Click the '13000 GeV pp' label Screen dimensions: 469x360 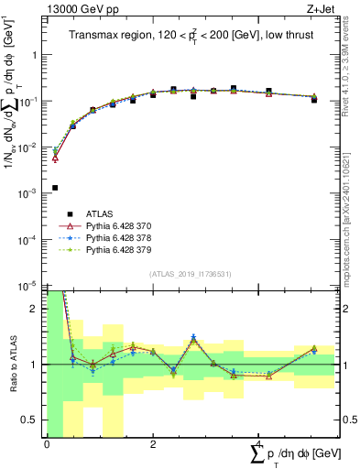[78, 8]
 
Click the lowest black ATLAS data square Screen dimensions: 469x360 [55, 188]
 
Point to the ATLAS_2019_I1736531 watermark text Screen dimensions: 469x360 [189, 273]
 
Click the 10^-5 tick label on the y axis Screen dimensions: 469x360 [28, 285]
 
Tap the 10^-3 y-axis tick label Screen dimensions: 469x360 [28, 193]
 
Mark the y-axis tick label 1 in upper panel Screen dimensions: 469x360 [36, 55]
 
